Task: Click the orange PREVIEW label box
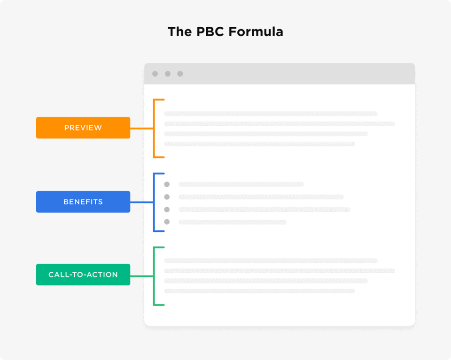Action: pyautogui.click(x=83, y=128)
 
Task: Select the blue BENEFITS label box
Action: pyautogui.click(x=83, y=202)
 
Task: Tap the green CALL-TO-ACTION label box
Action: pyautogui.click(x=83, y=275)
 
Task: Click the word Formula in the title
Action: pyautogui.click(x=256, y=32)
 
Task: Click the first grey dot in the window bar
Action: pyautogui.click(x=155, y=74)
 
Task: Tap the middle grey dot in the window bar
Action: pyautogui.click(x=168, y=74)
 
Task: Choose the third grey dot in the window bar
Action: pyautogui.click(x=180, y=74)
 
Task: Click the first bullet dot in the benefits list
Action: pyautogui.click(x=167, y=184)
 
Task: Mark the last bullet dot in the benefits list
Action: pyautogui.click(x=167, y=222)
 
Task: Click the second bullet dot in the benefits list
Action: pyautogui.click(x=167, y=197)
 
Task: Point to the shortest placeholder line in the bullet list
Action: pyautogui.click(x=233, y=222)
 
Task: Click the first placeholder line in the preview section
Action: pyautogui.click(x=271, y=114)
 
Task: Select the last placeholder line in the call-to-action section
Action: pyautogui.click(x=259, y=291)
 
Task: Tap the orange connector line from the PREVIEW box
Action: pyautogui.click(x=141, y=128)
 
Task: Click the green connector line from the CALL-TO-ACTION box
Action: pyautogui.click(x=141, y=276)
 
